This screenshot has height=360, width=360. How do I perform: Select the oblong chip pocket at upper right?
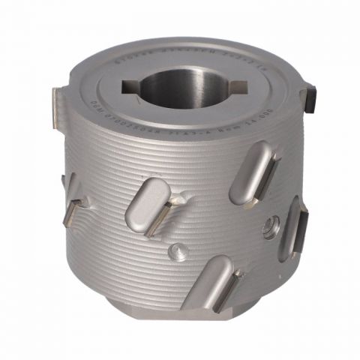(x=252, y=176)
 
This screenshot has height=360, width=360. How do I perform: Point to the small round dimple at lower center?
(x=176, y=252)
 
